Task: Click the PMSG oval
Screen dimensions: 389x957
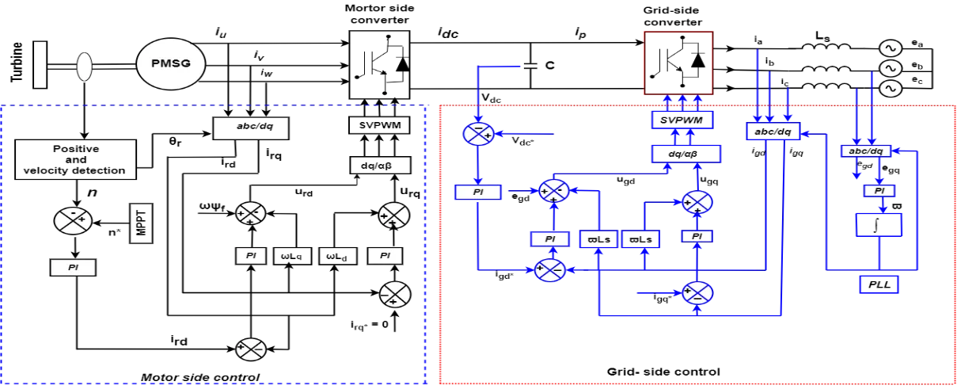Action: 171,63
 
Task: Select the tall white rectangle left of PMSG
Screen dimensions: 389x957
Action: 40,64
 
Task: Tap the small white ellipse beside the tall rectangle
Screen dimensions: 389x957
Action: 84,67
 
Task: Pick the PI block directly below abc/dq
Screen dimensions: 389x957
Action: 879,191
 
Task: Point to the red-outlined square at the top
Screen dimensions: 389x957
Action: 678,63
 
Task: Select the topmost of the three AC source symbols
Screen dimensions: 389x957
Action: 891,48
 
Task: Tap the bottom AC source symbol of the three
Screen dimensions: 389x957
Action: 891,88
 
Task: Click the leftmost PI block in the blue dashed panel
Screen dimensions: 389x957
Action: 73,268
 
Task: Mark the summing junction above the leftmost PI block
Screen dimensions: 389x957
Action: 73,219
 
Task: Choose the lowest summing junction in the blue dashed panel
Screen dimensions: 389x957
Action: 250,349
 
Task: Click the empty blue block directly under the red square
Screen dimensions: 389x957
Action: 682,120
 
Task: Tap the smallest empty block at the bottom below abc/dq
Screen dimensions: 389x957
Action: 879,285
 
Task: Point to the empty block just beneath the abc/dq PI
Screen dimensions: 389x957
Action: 879,226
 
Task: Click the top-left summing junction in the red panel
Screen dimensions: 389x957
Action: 477,134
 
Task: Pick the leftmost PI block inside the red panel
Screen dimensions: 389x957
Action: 478,193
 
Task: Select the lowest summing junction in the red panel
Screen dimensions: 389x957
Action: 697,293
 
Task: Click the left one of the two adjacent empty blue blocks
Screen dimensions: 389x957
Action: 598,239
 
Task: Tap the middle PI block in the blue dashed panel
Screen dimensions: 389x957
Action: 251,256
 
